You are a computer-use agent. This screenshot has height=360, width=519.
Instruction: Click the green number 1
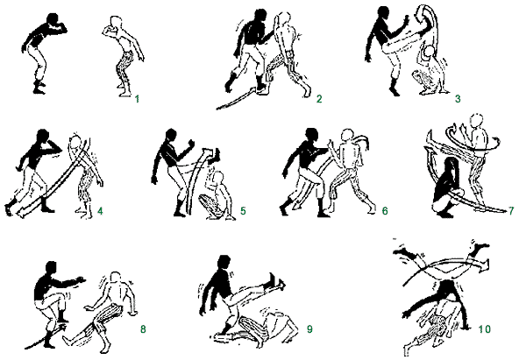point(137,98)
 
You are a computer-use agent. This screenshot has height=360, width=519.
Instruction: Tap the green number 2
point(319,98)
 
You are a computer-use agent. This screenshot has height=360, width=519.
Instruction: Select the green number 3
point(458,98)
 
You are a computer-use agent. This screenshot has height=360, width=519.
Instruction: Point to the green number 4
point(100,211)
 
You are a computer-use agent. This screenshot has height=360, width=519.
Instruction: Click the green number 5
point(243,211)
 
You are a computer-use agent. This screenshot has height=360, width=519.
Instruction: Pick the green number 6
point(385,211)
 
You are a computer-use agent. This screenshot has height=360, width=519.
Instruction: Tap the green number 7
point(511,211)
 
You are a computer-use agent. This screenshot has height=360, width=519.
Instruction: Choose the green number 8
point(143,329)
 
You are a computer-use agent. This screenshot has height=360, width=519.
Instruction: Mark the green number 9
point(309,329)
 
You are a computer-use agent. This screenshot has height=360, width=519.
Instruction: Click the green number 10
point(484,329)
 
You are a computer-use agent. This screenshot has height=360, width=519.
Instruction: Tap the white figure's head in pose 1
point(116,23)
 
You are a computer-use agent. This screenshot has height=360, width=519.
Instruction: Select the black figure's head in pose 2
point(261,16)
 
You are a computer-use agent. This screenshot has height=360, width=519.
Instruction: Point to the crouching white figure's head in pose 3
point(430,52)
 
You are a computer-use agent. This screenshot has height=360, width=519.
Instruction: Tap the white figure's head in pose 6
point(347,135)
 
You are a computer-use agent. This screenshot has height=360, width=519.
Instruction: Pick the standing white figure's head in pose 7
point(477,120)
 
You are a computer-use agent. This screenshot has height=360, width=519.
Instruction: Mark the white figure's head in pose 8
point(115,278)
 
